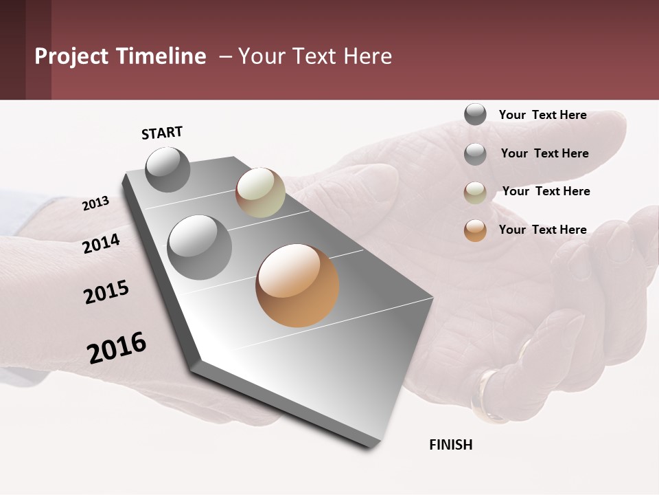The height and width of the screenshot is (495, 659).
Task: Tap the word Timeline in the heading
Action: pos(161,56)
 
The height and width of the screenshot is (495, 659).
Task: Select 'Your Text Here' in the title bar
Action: pos(315,56)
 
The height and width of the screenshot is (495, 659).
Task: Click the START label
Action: pos(162,133)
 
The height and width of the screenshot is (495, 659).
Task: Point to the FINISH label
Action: pos(450,445)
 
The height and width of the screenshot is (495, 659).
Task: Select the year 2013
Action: pos(95,203)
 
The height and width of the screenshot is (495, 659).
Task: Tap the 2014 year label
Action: pos(101,243)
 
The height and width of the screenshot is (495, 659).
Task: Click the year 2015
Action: pos(106,291)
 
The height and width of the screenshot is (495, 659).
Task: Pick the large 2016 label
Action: pos(117,347)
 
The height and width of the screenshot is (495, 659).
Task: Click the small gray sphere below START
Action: pos(168,170)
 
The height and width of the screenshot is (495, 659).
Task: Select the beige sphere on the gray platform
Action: pos(260,192)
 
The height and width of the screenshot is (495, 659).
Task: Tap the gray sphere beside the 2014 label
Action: pos(200,247)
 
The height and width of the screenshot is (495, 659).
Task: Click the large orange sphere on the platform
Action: pos(297,285)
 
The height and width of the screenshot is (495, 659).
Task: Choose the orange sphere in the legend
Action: pos(475,230)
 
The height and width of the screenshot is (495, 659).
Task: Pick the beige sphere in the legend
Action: pos(475,192)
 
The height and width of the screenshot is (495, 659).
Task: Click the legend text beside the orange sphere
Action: pos(542,230)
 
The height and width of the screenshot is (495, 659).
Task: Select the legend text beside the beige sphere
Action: pos(546,191)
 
